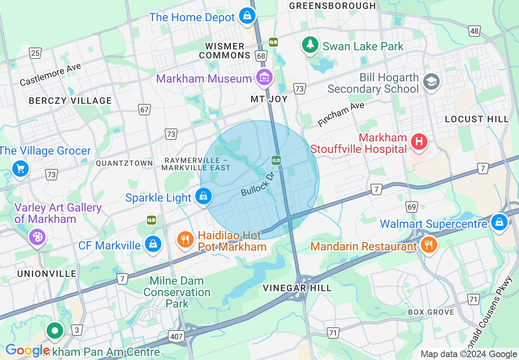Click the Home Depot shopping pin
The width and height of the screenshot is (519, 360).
[247, 16]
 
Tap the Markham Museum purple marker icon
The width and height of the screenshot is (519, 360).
[264, 76]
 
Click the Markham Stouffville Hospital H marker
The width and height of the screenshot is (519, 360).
[419, 142]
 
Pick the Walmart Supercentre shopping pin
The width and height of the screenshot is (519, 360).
[499, 222]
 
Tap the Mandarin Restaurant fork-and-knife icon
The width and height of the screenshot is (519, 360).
[429, 245]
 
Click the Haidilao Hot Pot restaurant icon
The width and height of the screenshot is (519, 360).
[185, 239]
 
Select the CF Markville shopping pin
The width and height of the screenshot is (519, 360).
[153, 244]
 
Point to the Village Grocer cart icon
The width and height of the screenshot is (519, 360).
[20, 169]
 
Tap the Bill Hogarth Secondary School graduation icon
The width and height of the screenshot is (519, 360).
[431, 81]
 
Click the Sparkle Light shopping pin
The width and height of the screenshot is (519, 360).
[203, 196]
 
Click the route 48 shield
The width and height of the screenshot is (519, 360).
[474, 31]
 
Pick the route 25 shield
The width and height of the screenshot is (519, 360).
[35, 53]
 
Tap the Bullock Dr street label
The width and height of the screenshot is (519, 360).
[257, 187]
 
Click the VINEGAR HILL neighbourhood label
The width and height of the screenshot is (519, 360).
[297, 288]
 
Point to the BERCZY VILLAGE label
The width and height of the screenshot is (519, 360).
[70, 101]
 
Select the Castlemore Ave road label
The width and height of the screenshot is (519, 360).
[50, 74]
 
